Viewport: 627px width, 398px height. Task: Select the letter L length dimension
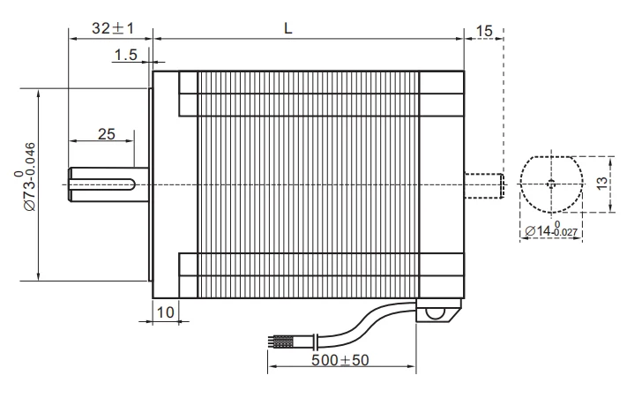288,27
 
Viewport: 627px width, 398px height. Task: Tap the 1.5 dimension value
126,56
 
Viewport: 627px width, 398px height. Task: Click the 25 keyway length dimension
106,134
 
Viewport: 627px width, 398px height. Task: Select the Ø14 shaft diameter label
551,230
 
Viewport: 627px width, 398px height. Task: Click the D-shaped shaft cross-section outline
551,184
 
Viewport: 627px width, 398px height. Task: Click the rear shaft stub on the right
483,184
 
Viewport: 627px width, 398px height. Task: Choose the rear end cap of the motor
441,184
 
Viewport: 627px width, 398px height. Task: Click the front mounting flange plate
150,184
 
